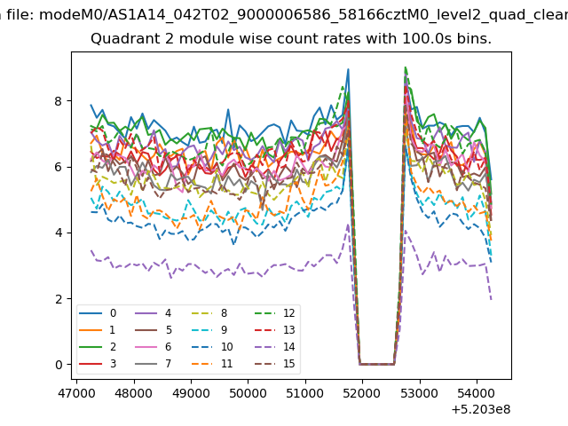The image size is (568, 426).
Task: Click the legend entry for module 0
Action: tap(98, 313)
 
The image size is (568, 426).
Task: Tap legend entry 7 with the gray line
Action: tap(153, 363)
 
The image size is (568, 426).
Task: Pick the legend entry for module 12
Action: tap(275, 313)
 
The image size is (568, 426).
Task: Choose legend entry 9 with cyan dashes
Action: tap(209, 329)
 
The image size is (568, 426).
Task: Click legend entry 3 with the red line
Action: tap(98, 363)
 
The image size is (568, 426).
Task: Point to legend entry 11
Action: tap(212, 363)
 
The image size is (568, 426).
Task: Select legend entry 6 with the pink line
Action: tap(153, 347)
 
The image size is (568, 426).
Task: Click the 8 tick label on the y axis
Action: tap(59, 101)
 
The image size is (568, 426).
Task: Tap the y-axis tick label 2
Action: tap(59, 299)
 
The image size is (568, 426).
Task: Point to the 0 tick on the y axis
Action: tap(59, 365)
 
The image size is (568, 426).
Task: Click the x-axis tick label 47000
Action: tap(76, 393)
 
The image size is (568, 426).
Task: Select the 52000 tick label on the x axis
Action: tap(362, 393)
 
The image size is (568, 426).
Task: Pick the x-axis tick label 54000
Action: tap(477, 393)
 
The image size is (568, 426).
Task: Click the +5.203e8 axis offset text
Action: tap(481, 409)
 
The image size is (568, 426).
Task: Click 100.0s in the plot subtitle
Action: tap(427, 39)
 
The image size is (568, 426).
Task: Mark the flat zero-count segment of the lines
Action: tap(376, 364)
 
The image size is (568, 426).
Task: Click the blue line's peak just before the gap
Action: tap(348, 69)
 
